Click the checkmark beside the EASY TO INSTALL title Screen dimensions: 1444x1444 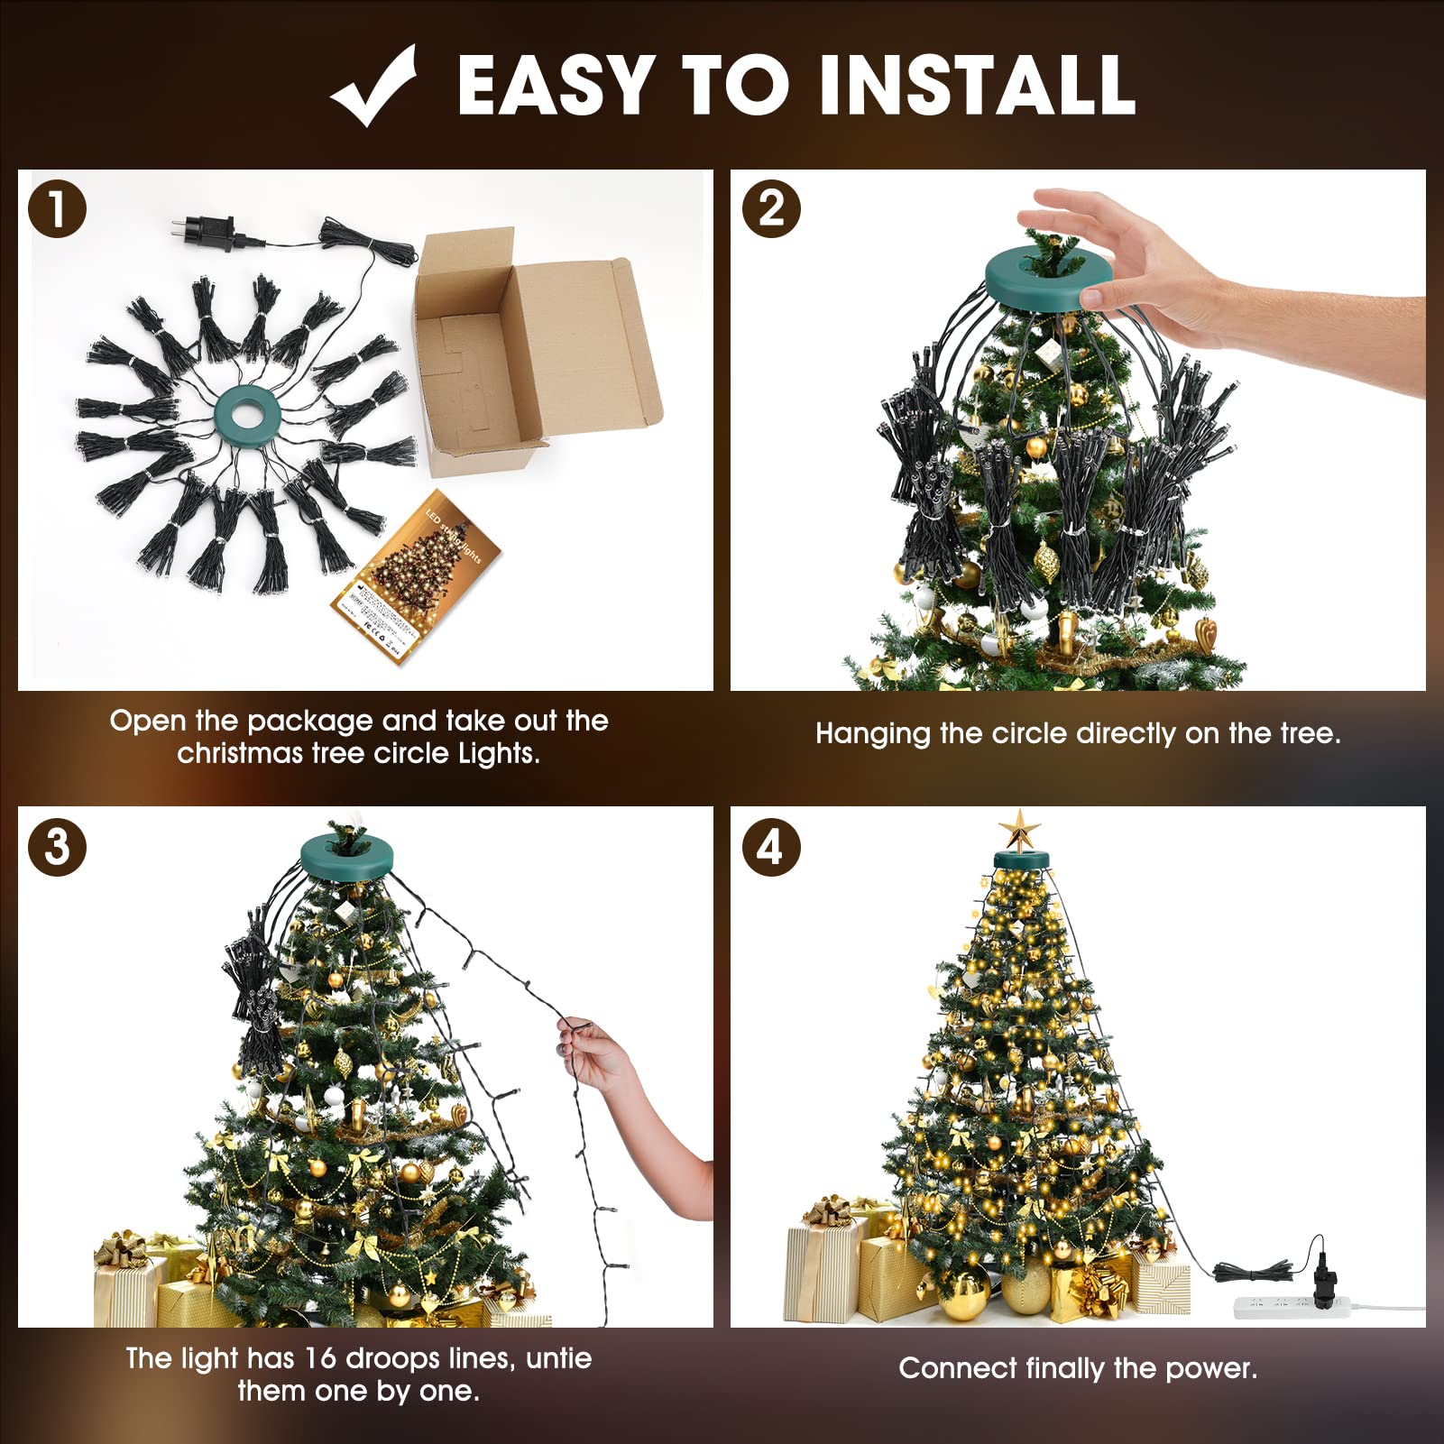point(374,87)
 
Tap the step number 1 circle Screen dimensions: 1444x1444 point(57,209)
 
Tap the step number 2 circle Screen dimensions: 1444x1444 point(771,209)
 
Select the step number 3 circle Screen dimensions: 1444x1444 point(57,847)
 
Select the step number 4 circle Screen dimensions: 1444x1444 point(771,847)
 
